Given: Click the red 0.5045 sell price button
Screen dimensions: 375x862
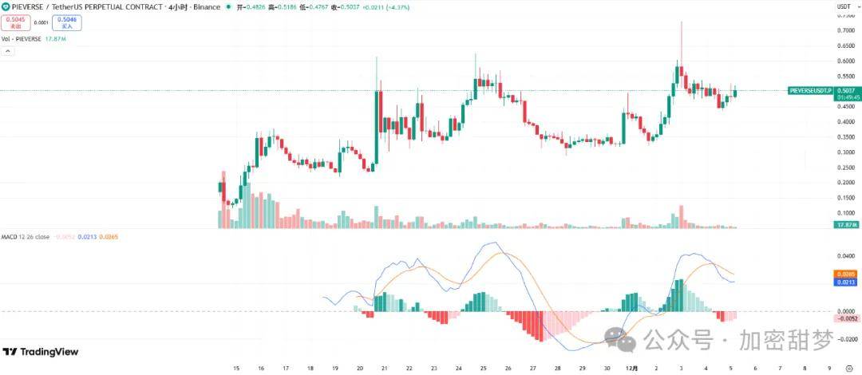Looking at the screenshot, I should (16, 22).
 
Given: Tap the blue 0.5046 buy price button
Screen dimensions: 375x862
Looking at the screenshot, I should (68, 22).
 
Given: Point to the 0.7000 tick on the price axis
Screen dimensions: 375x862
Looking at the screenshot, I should (844, 30).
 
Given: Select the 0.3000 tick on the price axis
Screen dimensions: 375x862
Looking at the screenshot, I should (844, 152).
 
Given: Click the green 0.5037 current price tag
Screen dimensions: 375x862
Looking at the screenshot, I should (846, 90).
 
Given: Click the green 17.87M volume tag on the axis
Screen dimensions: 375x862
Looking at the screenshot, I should (846, 225).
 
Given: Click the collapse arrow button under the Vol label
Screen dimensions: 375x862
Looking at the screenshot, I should (8, 50).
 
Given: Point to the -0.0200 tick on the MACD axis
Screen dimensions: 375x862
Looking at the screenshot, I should (844, 339).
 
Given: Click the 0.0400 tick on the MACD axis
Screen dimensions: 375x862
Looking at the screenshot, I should (844, 256).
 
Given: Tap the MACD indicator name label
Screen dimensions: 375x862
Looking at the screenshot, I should (10, 237).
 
